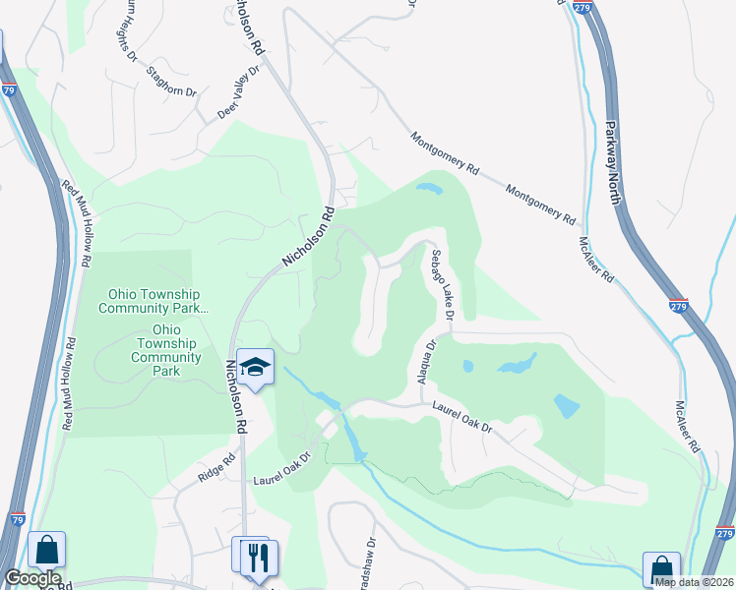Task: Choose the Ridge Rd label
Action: tap(216, 467)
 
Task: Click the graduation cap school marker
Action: tap(256, 367)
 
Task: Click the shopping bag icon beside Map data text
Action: tap(661, 568)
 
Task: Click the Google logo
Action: tap(32, 578)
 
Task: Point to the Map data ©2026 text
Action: tap(694, 582)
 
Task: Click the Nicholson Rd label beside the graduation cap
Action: tap(233, 394)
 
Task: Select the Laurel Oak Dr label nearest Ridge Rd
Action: tap(281, 473)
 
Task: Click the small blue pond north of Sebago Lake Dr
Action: tap(429, 187)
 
